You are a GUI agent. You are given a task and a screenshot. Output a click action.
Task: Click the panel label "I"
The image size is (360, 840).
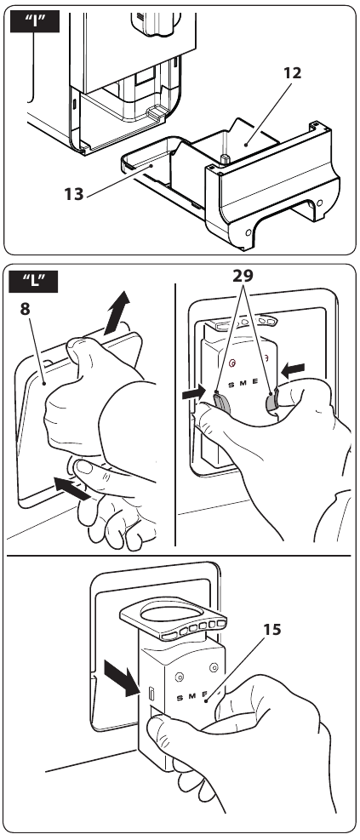(x=35, y=22)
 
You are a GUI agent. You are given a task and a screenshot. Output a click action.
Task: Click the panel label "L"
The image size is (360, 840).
(x=34, y=282)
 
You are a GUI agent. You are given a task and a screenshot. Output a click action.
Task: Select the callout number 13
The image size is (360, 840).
(x=74, y=193)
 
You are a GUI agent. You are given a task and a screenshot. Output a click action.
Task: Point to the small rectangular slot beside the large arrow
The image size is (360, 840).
(x=151, y=693)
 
